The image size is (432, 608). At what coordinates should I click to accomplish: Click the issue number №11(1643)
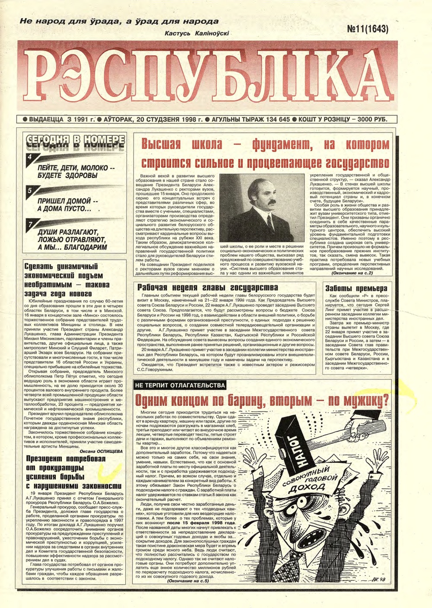367,29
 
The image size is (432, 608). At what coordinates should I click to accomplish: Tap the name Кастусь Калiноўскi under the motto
197,33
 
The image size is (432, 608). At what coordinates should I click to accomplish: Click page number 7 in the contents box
30,225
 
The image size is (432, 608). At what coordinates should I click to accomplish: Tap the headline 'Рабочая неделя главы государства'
207,287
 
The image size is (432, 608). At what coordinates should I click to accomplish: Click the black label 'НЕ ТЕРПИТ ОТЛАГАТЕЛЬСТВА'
180,385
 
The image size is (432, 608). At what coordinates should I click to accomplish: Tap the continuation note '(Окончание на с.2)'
352,273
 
